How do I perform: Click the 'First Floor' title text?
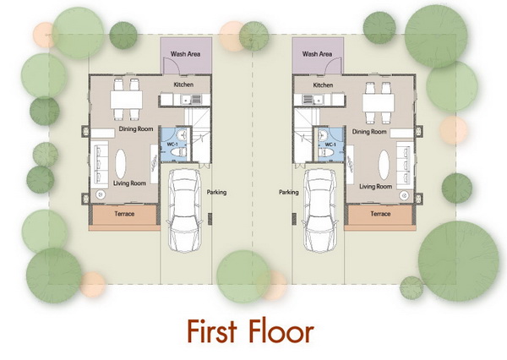point(251,331)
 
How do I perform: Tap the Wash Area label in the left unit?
point(185,54)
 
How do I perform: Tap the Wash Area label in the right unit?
point(317,54)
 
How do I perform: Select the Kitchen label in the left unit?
point(183,85)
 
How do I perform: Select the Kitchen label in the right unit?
point(323,85)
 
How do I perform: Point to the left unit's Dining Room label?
point(136,128)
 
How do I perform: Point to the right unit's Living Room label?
point(376,187)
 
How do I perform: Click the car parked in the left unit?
point(184,210)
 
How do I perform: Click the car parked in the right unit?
point(320,210)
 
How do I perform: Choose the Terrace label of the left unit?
point(124,214)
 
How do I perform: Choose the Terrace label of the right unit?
point(380,214)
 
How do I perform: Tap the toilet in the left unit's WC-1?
point(178,152)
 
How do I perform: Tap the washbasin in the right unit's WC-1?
point(323,135)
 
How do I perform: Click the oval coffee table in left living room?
point(121,164)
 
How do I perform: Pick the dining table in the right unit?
point(379,103)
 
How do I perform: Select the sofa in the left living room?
point(99,165)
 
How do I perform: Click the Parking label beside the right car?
point(289,192)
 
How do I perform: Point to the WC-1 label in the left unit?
point(172,144)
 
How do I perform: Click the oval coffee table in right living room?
point(384,165)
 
